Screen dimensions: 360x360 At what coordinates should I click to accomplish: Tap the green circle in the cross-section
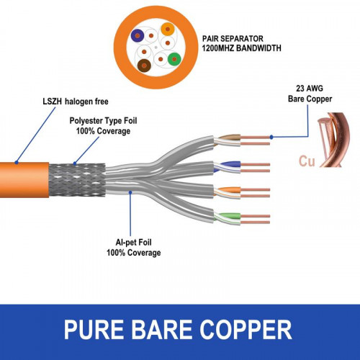173,59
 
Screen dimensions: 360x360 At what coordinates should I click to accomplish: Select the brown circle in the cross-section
145,66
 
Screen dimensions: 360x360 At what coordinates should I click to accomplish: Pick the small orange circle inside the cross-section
167,30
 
